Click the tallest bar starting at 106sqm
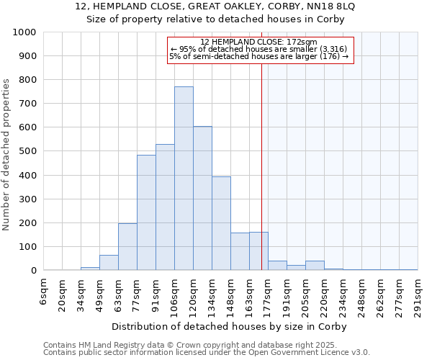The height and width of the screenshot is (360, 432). (x=184, y=179)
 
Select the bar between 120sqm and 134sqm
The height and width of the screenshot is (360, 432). (x=202, y=198)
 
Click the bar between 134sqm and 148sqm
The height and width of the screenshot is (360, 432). (x=221, y=223)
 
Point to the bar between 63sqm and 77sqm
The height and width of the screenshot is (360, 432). (x=127, y=247)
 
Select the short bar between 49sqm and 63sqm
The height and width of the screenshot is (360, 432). (x=109, y=263)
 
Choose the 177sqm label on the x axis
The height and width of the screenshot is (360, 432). (x=268, y=295)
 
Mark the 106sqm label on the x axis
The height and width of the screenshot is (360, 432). (x=175, y=295)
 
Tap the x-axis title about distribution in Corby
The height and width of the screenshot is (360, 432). (x=230, y=326)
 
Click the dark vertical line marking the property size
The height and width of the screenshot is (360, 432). (x=261, y=180)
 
